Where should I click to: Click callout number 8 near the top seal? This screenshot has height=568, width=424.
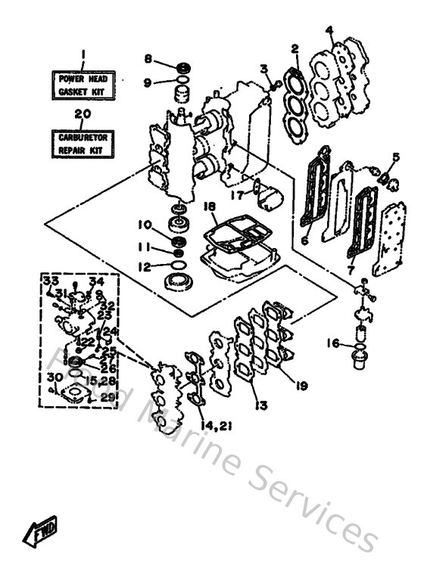point(148,58)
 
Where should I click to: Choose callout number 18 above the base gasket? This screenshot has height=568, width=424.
point(210,206)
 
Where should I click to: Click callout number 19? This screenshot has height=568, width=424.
point(302,386)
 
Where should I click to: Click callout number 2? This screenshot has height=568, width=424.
point(294,49)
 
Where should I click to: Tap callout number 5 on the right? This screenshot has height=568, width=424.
point(395,157)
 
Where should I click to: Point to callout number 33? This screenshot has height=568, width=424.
point(51,281)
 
